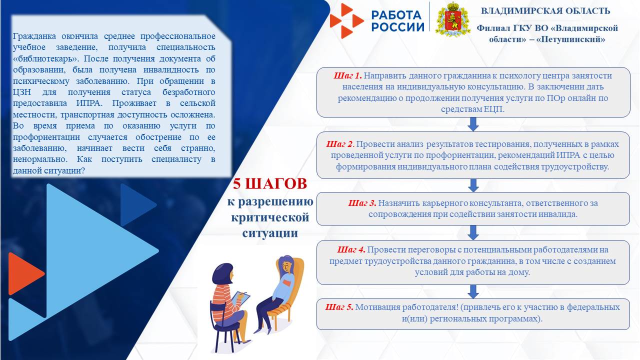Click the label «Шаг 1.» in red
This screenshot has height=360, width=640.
coord(347,75)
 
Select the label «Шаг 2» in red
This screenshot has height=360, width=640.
coord(340,144)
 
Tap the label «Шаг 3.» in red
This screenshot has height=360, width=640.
coord(362,203)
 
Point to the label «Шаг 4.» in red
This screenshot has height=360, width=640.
coord(351,249)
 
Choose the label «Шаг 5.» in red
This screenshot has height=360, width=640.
coord(339,307)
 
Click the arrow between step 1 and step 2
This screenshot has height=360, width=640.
coord(473,124)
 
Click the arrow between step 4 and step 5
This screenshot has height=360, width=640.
coord(473,291)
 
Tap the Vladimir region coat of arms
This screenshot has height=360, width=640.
coord(453,19)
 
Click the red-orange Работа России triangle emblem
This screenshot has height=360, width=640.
coord(346,20)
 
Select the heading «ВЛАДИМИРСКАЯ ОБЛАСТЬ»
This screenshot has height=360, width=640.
coord(545,11)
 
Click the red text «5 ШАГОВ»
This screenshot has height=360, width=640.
coord(270,184)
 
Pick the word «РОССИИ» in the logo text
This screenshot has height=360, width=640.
coord(397,26)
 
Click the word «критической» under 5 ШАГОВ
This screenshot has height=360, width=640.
coord(270,218)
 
